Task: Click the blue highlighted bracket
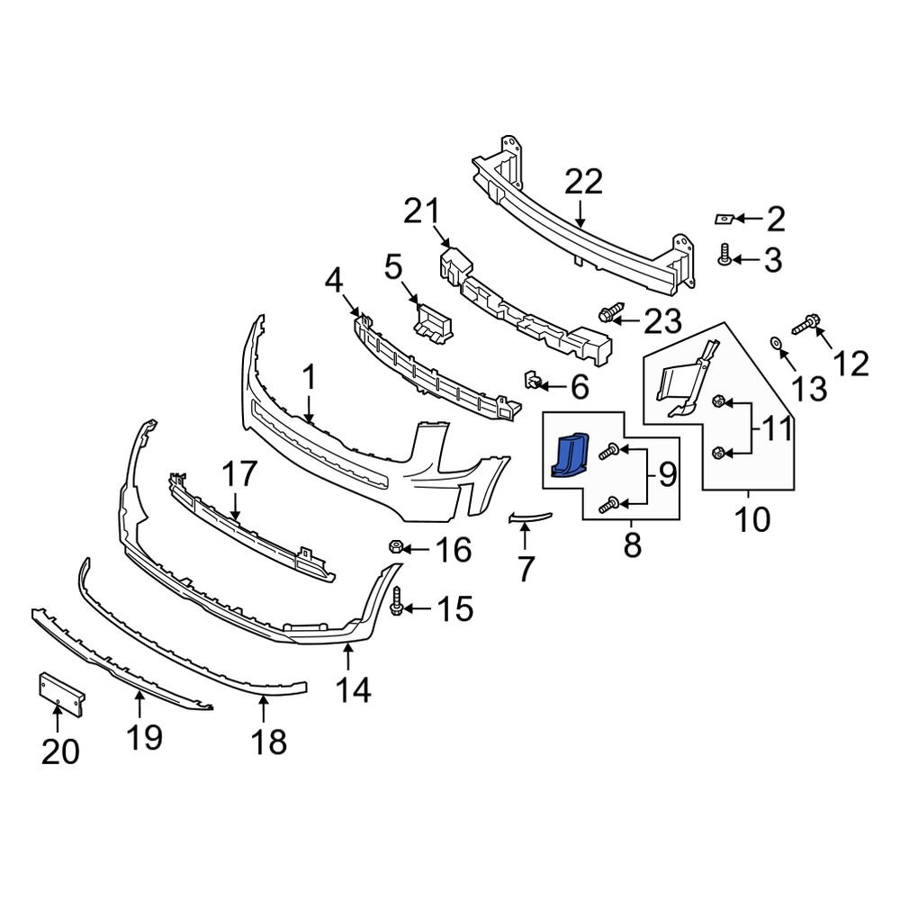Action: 569,454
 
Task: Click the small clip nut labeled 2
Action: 724,218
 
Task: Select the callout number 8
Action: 632,544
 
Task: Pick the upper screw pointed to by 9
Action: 610,448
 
